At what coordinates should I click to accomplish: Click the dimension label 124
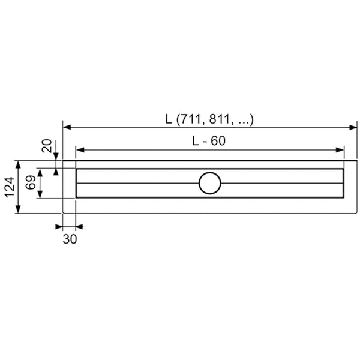10,187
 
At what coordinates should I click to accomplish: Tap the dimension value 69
31,182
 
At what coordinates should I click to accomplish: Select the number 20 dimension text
47,146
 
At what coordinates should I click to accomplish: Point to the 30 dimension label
70,239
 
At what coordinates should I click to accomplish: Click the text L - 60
209,141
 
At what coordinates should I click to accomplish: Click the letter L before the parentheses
169,119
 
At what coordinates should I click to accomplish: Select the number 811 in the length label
220,119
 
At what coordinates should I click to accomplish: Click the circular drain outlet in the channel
210,183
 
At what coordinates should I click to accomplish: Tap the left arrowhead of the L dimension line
67,127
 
